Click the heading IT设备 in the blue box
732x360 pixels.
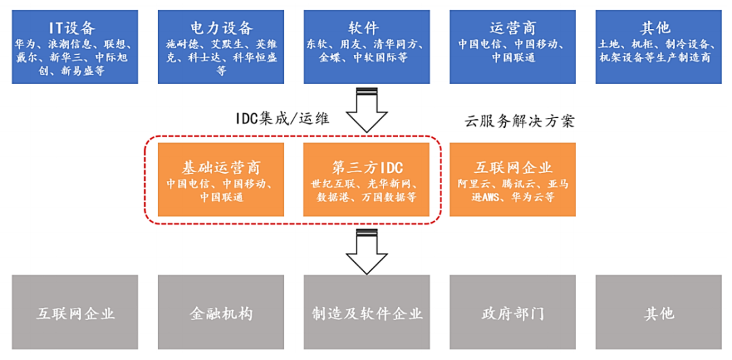(x=75, y=28)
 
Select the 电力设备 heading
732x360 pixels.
(x=220, y=28)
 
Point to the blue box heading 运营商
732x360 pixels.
(x=512, y=28)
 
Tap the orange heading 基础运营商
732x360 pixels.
(x=221, y=167)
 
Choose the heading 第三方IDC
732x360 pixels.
(x=366, y=167)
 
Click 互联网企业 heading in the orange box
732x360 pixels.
(x=512, y=167)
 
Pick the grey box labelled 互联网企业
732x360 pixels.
(x=75, y=313)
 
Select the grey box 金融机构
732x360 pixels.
(x=220, y=313)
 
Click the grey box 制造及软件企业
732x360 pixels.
(x=367, y=313)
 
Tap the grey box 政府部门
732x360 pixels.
(x=512, y=313)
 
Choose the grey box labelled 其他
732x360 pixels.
(x=659, y=313)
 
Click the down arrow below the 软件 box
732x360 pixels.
(x=366, y=111)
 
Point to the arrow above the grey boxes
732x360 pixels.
(x=366, y=252)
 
